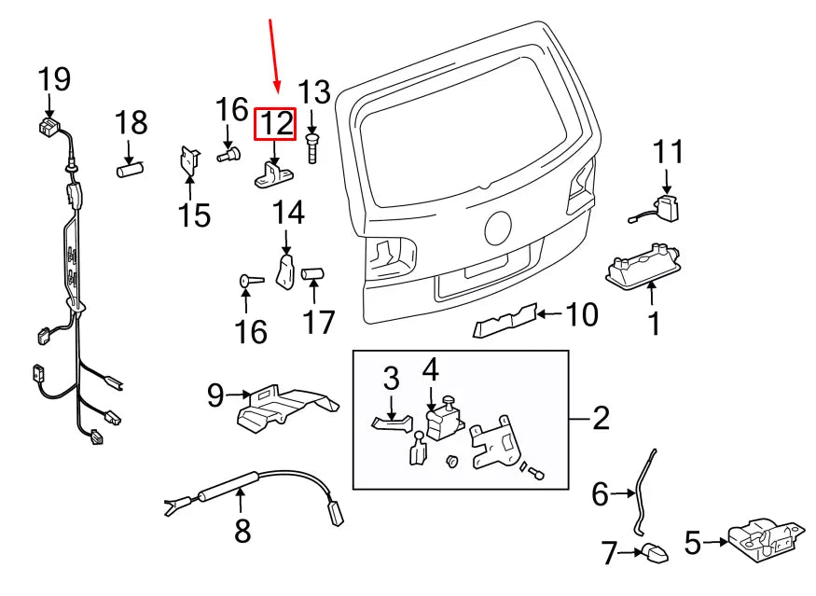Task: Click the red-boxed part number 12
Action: tap(276, 123)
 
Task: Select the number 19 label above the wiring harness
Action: tap(54, 80)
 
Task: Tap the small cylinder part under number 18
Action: tap(128, 170)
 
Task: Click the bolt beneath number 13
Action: tap(311, 148)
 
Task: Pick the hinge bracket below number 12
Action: tap(274, 174)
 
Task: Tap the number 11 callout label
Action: tap(668, 151)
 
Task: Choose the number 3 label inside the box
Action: tap(391, 378)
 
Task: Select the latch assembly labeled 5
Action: tap(764, 541)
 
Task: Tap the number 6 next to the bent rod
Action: tap(600, 493)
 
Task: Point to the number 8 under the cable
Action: tap(242, 531)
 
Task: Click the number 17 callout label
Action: tap(318, 323)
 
